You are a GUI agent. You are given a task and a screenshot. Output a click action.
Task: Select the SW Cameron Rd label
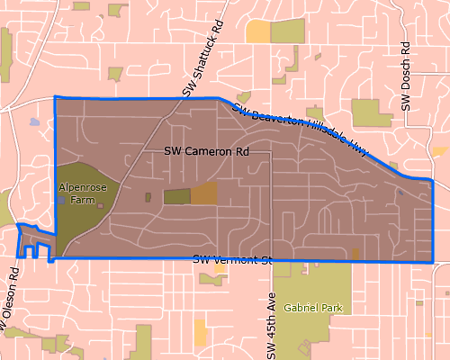(206, 153)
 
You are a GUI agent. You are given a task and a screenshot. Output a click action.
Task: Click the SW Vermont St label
(232, 260)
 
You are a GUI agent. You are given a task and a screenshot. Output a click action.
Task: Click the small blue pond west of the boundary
(34, 121)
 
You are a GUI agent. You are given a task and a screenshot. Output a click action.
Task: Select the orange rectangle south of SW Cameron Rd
(204, 193)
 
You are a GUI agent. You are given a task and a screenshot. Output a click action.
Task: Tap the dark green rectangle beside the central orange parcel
(176, 197)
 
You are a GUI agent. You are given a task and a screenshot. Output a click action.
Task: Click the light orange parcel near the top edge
(257, 31)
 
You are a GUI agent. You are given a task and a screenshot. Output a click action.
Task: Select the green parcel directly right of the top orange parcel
(288, 32)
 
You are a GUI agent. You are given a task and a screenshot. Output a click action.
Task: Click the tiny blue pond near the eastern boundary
(400, 192)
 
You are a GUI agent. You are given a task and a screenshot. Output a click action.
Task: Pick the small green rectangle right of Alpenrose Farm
(148, 196)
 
